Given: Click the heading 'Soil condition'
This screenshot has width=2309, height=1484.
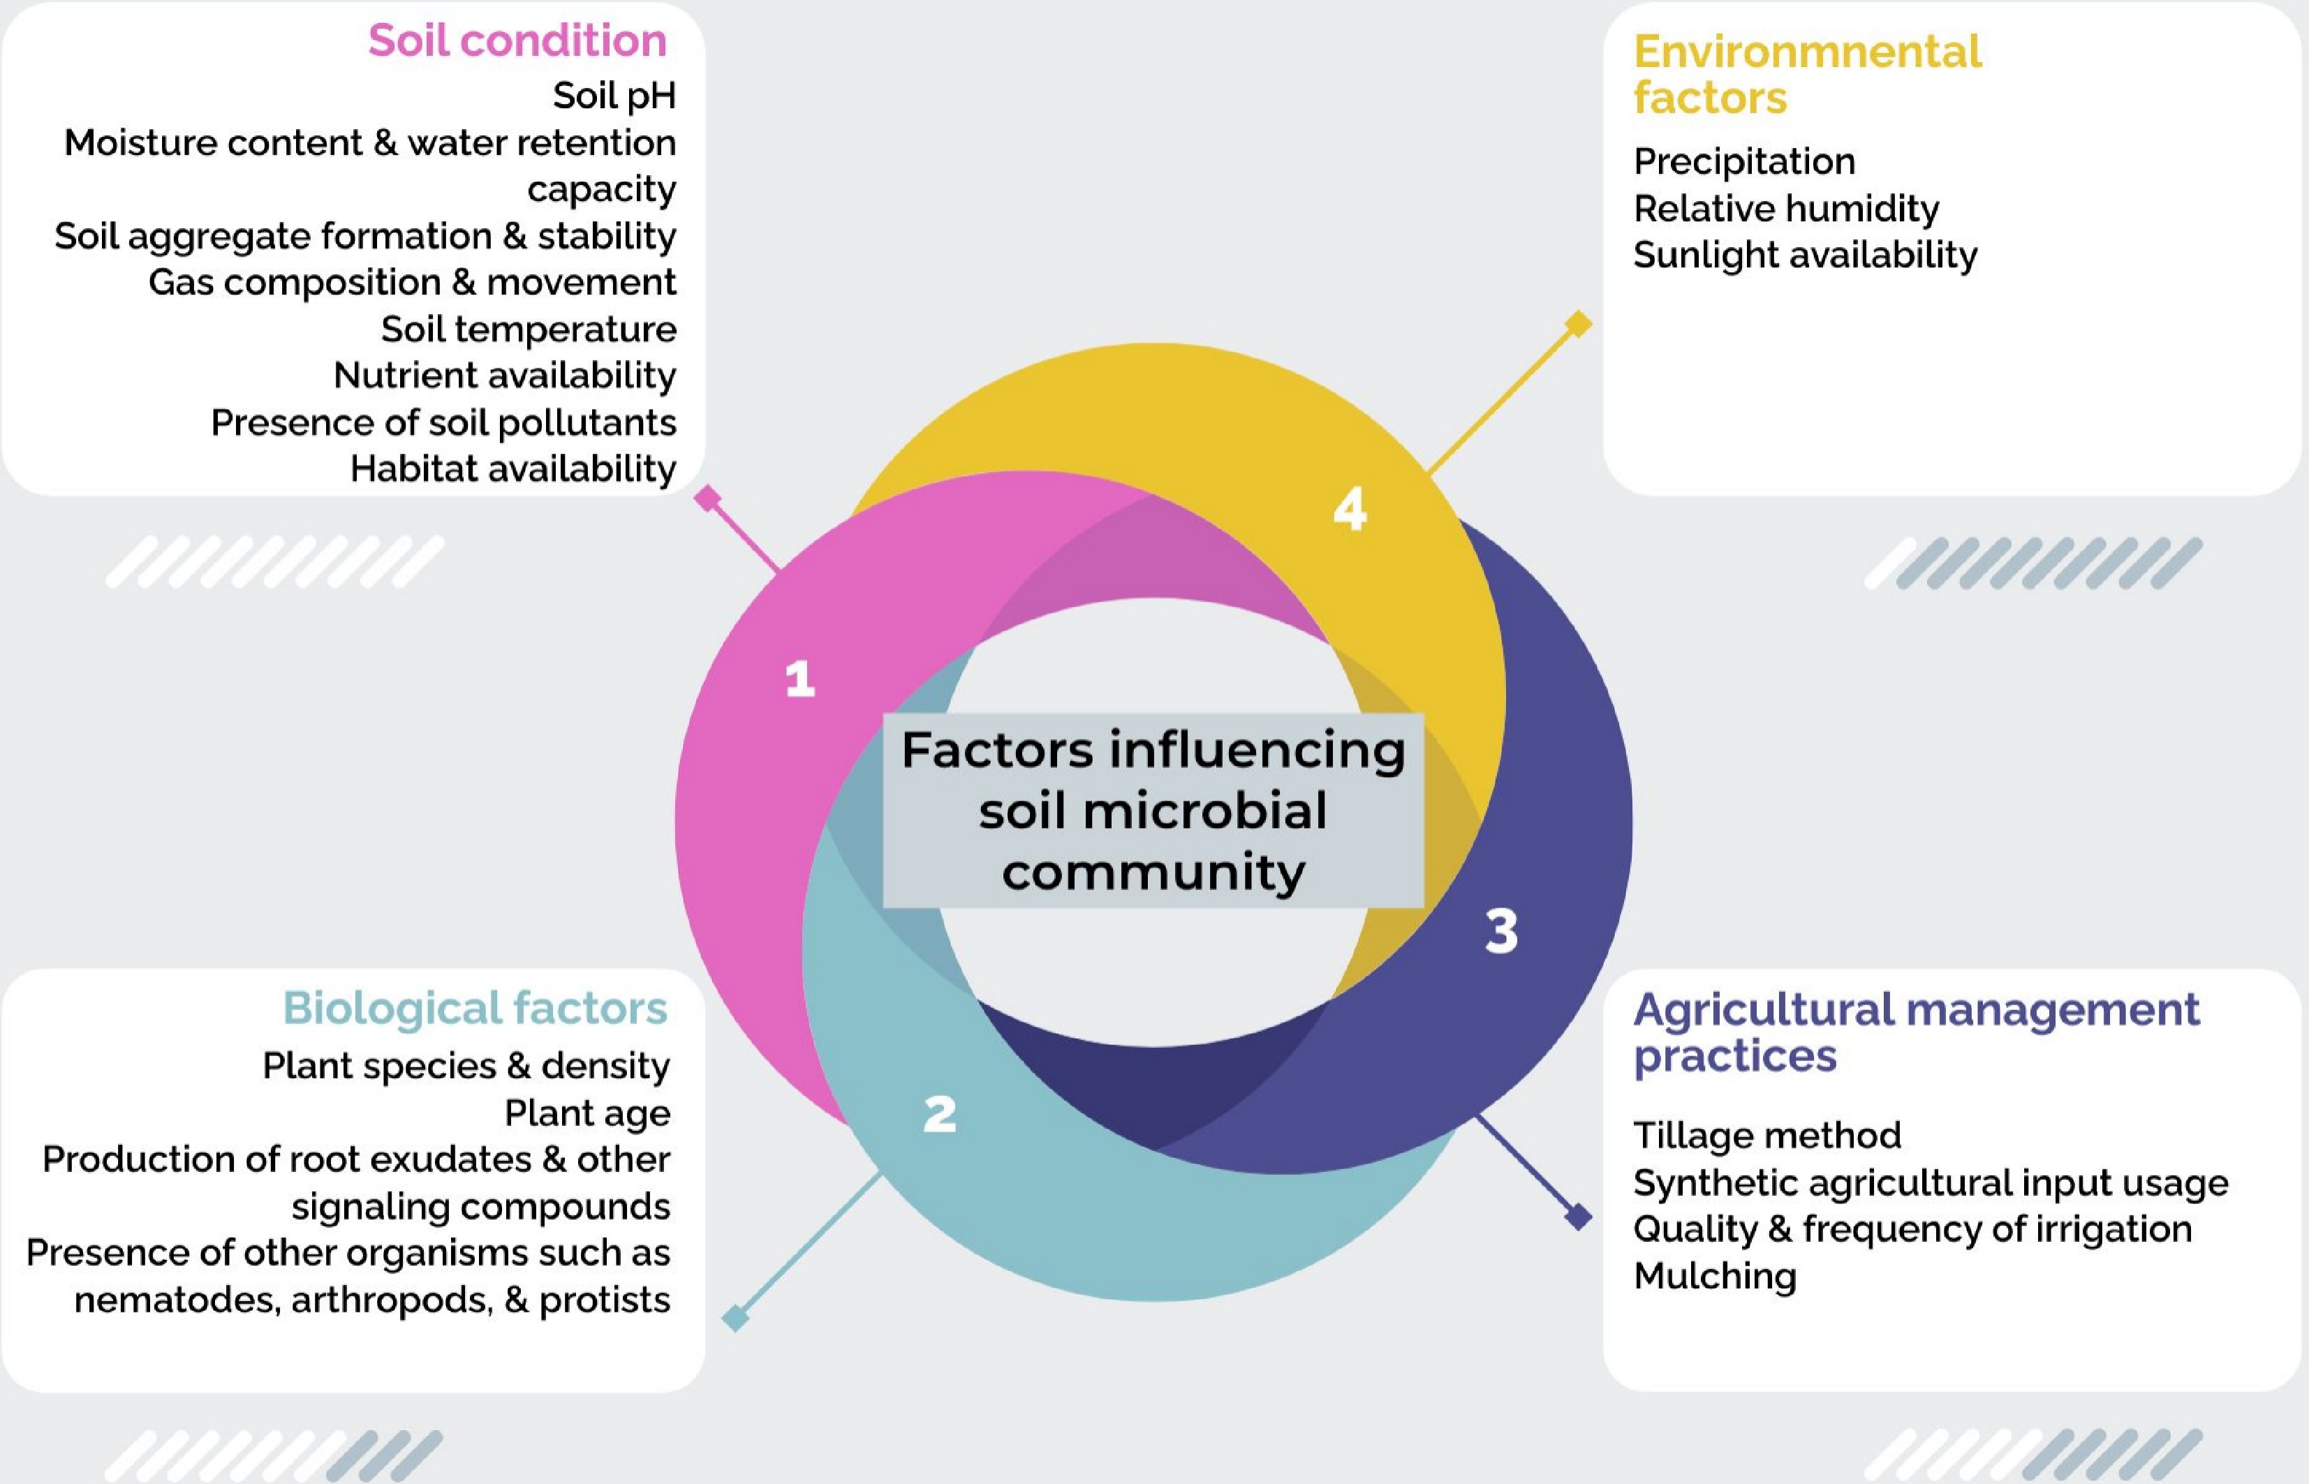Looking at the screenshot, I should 517,41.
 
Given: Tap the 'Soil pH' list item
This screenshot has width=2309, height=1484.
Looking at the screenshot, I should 614,96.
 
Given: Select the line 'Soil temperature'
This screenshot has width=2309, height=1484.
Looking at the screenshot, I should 528,329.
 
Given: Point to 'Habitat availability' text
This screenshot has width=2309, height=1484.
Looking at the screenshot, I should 512,469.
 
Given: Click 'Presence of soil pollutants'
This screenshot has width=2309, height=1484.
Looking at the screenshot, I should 443,423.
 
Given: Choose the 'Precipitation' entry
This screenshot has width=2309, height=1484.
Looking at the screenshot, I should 1743,162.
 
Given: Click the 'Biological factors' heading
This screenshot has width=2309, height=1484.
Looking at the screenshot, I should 474,1009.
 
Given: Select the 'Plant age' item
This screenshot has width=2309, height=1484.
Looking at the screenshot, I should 587,1113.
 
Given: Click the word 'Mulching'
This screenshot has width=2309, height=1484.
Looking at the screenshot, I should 1714,1277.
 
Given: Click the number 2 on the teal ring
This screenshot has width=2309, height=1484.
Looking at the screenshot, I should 940,1115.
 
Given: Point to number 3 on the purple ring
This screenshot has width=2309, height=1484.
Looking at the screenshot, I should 1501,932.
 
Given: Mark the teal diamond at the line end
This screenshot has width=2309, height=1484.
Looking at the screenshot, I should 735,1317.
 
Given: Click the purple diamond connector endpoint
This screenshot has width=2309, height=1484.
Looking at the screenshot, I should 1577,1217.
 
